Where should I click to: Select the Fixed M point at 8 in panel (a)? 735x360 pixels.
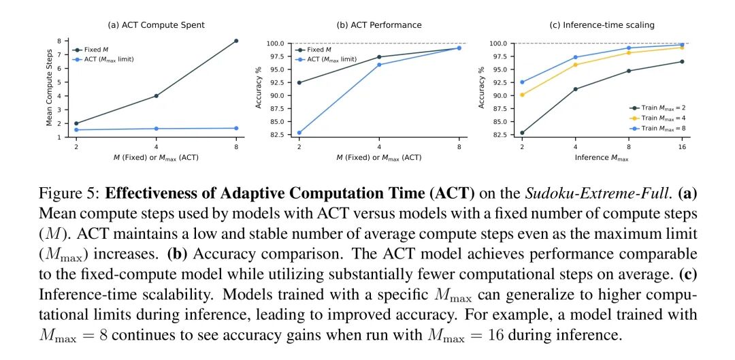(236, 41)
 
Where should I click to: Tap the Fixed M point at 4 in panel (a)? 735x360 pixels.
(156, 96)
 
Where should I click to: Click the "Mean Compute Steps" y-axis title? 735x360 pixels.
(50, 89)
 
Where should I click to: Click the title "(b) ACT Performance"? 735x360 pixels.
(379, 25)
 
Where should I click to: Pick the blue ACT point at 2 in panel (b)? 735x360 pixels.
(299, 133)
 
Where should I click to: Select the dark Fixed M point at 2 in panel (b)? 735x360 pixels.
(299, 83)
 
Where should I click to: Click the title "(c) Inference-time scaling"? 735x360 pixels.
(602, 25)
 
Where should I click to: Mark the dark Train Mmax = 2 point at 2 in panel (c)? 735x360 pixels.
(522, 133)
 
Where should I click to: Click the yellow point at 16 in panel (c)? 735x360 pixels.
(682, 47)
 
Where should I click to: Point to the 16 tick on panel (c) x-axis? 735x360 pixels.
(682, 147)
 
